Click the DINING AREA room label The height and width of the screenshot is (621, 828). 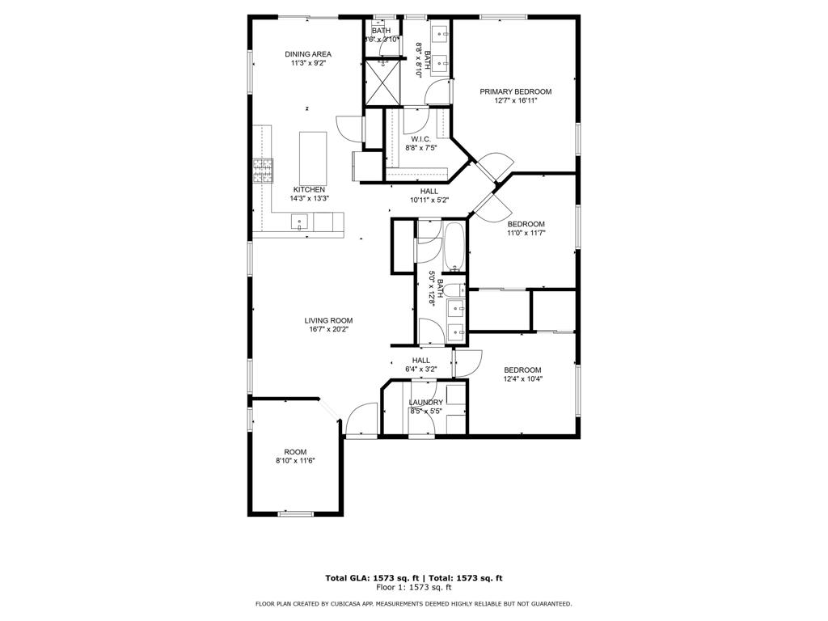pos(307,54)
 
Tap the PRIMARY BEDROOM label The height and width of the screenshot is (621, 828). pos(515,91)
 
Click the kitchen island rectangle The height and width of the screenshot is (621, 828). pos(313,158)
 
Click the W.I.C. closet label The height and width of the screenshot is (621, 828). pos(420,139)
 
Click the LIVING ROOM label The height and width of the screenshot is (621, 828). pos(328,320)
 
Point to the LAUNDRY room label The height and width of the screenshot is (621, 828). pos(425,402)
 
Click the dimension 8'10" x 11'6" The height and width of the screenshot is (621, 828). pos(294,461)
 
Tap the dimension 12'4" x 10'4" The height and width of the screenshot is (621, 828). pos(522,378)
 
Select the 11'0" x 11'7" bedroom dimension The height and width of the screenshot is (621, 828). pos(526,233)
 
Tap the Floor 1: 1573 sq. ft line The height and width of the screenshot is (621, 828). pos(413,589)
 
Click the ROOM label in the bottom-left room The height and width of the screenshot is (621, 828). pos(295,452)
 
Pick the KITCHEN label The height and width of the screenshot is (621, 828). pos(310,189)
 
